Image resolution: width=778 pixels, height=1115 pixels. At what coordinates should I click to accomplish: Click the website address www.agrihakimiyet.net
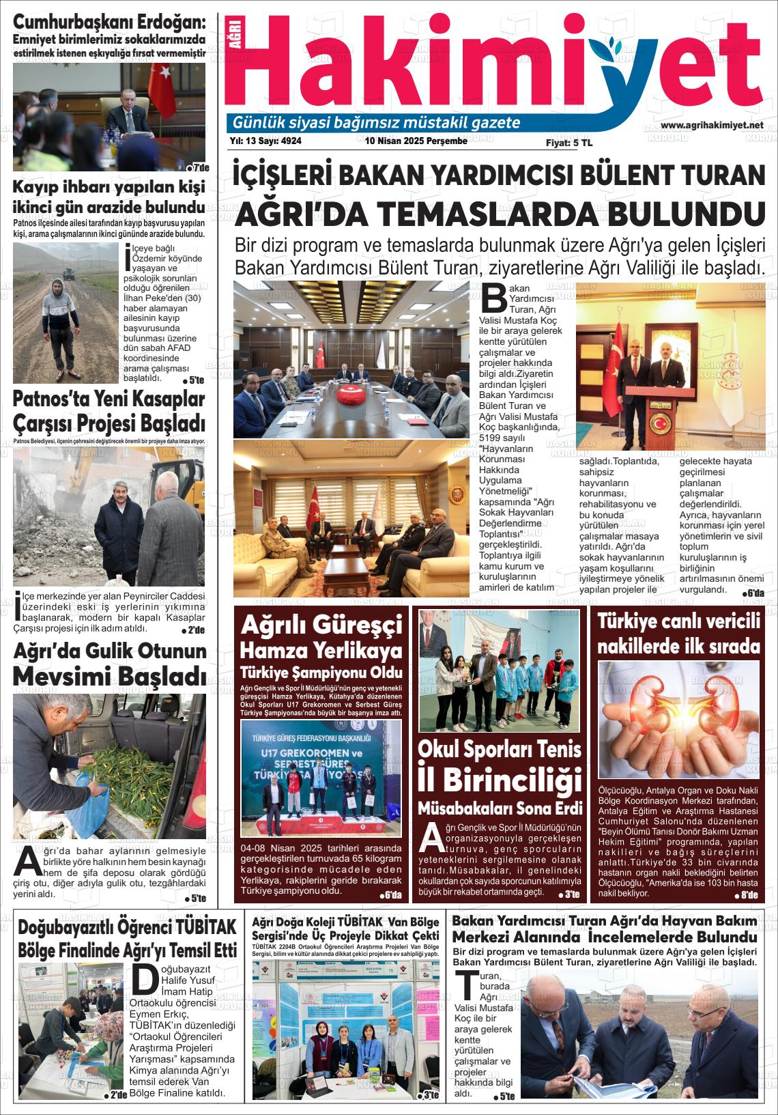click(712, 126)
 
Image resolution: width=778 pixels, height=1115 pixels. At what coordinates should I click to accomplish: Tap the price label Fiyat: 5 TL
click(568, 143)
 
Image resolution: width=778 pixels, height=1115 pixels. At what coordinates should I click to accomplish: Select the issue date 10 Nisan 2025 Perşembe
click(416, 141)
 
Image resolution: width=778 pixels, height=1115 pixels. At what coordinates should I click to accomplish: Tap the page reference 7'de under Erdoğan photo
click(198, 168)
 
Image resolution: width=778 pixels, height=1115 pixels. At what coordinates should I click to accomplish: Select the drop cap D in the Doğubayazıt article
click(143, 980)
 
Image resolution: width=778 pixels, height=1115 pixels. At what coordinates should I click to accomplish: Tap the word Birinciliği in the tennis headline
click(501, 780)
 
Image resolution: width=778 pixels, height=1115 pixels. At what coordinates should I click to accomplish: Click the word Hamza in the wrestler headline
click(273, 648)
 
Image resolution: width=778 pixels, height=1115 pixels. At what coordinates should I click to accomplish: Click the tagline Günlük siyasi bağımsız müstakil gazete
click(377, 123)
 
